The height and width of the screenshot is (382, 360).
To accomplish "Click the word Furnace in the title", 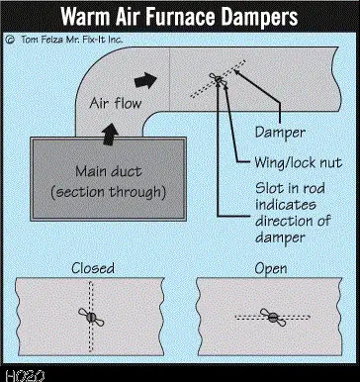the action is coord(180,16).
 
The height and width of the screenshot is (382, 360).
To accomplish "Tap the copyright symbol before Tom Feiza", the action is coord(10,40).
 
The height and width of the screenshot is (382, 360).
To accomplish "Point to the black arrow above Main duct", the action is coord(110,134).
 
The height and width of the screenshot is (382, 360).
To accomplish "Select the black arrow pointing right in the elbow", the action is coord(146,80).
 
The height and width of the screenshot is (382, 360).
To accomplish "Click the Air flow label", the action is coord(116,104).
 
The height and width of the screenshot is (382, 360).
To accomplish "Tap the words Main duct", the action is coord(109,171).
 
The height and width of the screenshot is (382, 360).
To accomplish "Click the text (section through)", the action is coord(108,192).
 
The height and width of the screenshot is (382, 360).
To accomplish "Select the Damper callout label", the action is coord(280,133).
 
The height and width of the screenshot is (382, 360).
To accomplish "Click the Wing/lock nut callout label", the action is coord(299,163).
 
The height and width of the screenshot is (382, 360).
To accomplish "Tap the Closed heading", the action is coord(93,268).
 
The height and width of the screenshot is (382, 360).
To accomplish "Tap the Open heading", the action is coord(271,269).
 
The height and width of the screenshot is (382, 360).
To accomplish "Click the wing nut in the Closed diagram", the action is coord(91,317).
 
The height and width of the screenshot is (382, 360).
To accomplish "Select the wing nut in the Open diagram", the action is coord(273,318).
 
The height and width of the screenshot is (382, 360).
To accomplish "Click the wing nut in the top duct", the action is coord(218,79).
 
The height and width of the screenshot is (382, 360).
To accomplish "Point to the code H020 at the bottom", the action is coord(25,376).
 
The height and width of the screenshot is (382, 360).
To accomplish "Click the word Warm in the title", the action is coord(85,17).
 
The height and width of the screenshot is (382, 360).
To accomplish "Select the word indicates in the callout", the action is coord(286,205).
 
